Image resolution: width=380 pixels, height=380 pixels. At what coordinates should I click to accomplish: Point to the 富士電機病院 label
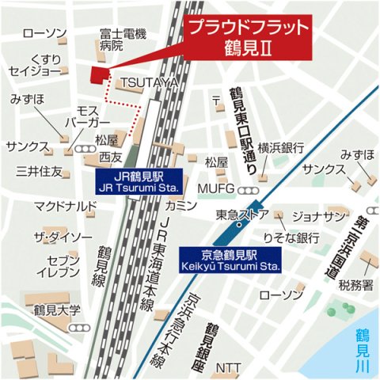pyautogui.click(x=123, y=40)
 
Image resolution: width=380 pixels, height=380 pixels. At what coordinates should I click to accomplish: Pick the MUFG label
pyautogui.click(x=222, y=188)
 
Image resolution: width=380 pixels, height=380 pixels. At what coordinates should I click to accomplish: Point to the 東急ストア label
pyautogui.click(x=241, y=215)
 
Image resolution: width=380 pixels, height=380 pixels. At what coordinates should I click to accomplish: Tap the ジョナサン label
pyautogui.click(x=320, y=215)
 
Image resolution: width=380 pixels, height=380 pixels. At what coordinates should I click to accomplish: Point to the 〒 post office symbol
pyautogui.click(x=216, y=101)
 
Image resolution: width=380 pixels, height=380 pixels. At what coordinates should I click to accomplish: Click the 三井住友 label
pyautogui.click(x=39, y=171)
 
